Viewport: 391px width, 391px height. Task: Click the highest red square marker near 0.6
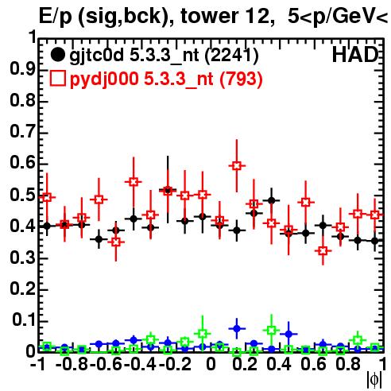[237, 166]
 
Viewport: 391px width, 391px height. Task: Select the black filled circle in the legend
[57, 55]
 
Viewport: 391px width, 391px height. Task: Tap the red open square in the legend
[57, 79]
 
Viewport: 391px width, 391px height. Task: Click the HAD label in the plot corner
[354, 55]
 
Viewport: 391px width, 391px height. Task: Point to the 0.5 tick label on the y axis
[22, 195]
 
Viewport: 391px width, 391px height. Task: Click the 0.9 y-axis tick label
[22, 69]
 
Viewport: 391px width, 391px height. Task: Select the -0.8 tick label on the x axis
[72, 364]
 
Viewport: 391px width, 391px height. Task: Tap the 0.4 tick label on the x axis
[278, 364]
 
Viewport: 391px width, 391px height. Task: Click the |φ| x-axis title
[374, 380]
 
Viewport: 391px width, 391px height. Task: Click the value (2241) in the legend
[231, 56]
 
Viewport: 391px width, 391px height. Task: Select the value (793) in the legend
[241, 79]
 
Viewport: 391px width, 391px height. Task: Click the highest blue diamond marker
[237, 329]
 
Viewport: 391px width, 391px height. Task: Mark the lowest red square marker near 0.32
[323, 250]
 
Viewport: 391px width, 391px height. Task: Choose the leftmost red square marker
[47, 197]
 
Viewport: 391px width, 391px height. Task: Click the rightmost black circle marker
[374, 241]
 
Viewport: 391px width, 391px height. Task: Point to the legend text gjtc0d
[97, 56]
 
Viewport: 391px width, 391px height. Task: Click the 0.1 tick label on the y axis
[24, 320]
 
